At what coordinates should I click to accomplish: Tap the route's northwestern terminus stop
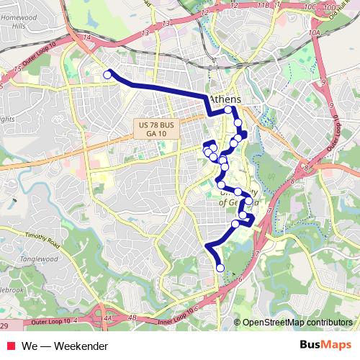click(108, 74)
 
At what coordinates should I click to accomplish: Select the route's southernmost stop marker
click(220, 268)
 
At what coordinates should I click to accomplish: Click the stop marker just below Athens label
click(228, 110)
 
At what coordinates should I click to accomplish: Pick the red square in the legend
click(10, 346)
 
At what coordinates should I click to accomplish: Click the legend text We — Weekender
click(64, 346)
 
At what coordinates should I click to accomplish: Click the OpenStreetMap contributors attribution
click(297, 323)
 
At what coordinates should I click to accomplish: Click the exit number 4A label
click(108, 317)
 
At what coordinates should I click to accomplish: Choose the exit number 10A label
click(313, 33)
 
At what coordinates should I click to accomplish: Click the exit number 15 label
click(17, 68)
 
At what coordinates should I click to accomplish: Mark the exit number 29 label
click(4, 327)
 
